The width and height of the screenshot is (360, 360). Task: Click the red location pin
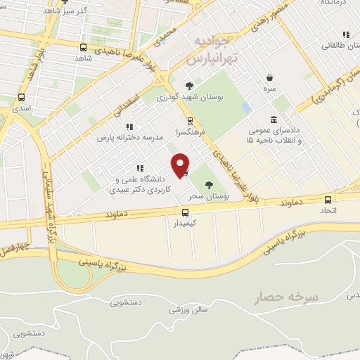(x=181, y=165)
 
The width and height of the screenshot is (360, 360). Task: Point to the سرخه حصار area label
(x=287, y=297)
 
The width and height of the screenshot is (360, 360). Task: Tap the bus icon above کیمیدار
(x=186, y=212)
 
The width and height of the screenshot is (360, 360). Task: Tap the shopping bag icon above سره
(x=270, y=78)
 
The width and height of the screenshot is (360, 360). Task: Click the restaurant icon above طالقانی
(x=345, y=34)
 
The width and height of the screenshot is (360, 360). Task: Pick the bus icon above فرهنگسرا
(x=189, y=120)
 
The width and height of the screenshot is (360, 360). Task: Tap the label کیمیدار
(x=186, y=223)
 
